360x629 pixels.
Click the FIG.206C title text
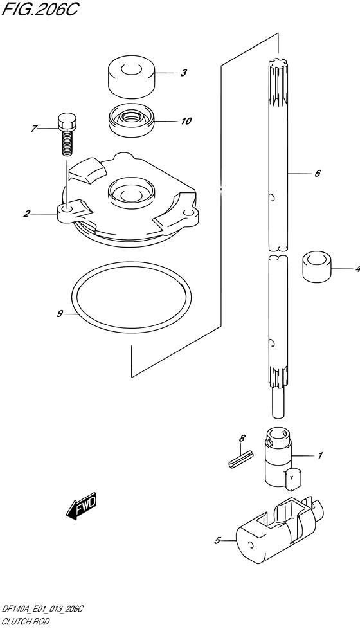pyautogui.click(x=39, y=9)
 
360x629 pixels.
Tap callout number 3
pyautogui.click(x=183, y=73)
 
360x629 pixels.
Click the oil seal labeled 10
pyautogui.click(x=132, y=120)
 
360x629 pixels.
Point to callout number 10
pyautogui.click(x=186, y=121)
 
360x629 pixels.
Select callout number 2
pyautogui.click(x=26, y=214)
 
